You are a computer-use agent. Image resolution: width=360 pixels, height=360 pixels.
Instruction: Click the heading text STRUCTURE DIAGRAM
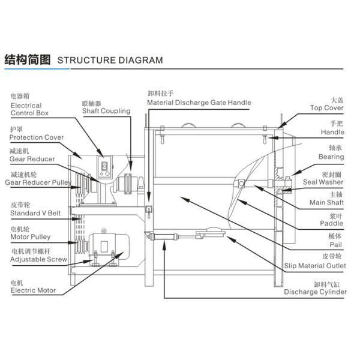tap(110, 60)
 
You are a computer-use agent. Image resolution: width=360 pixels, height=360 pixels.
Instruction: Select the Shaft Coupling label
tap(106, 111)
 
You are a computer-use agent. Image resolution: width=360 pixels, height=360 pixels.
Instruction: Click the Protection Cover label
tap(37, 137)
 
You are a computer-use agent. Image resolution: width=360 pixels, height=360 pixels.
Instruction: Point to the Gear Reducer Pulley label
tap(38, 181)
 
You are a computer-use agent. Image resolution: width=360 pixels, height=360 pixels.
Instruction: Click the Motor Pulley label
tap(31, 236)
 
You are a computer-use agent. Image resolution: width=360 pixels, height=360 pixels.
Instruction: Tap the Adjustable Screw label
tap(38, 260)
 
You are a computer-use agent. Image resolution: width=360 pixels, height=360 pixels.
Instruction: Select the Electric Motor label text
tap(33, 290)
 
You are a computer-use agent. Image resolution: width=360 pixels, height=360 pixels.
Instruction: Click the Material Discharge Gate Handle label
tap(199, 103)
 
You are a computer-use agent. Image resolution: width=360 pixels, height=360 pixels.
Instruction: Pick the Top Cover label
tap(326, 108)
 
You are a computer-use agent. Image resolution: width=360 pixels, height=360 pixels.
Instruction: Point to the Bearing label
tap(331, 157)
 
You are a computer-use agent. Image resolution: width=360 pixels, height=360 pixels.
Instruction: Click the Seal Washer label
tap(323, 182)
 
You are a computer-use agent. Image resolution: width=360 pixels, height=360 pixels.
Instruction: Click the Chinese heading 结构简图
tap(28, 59)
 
